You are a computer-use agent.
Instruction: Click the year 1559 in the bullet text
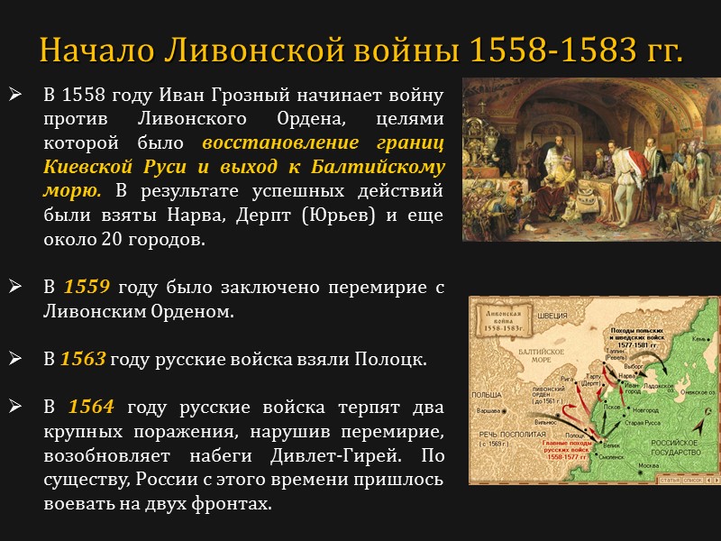coord(87,288)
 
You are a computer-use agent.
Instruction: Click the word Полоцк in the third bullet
coord(396,358)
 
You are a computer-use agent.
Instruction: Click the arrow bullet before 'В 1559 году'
coord(15,288)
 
